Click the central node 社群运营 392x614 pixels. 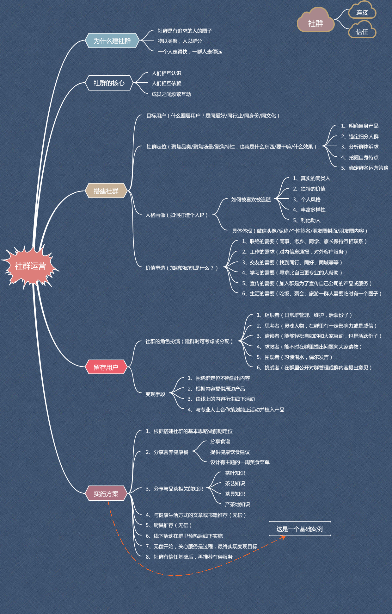30,266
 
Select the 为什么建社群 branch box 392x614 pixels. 112,41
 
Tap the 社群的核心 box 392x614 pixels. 109,83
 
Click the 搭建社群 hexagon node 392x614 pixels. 106,191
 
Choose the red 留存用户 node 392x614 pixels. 106,367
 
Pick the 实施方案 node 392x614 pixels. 106,494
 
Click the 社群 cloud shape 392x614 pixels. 315,23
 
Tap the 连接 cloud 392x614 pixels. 362,13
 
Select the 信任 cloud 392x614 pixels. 362,32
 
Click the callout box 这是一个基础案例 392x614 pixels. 299,529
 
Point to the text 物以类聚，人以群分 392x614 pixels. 180,41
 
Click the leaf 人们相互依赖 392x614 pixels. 166,84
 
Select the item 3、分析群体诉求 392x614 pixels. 359,147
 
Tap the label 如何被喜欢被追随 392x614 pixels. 251,200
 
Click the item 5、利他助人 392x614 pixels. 306,221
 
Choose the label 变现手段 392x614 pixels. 155,394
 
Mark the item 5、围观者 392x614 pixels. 294,357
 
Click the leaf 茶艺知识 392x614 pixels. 235,484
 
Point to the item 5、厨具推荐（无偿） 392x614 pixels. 168,525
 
